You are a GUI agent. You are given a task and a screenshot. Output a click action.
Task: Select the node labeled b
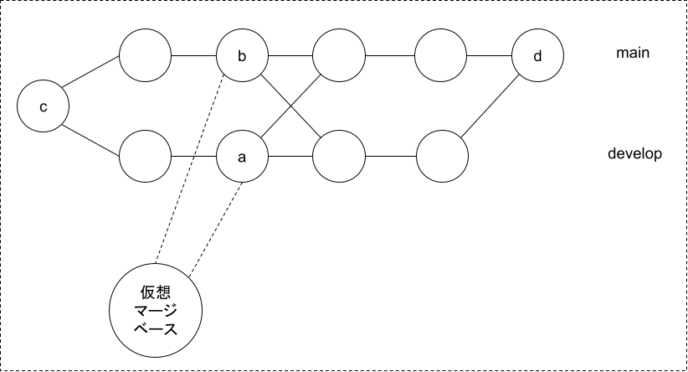(x=242, y=57)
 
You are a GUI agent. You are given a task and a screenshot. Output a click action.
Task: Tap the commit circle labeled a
(x=242, y=157)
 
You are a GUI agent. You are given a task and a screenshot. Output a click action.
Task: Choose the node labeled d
(x=537, y=57)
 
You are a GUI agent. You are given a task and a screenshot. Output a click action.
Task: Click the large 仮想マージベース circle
(x=158, y=309)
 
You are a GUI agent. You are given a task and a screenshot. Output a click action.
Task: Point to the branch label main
(x=633, y=54)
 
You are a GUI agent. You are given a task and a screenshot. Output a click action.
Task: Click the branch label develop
(x=635, y=153)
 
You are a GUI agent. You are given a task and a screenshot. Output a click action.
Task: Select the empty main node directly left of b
(x=146, y=57)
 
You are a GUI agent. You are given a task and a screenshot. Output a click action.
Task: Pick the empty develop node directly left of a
(x=146, y=157)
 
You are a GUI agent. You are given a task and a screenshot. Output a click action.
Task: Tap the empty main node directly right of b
(x=340, y=57)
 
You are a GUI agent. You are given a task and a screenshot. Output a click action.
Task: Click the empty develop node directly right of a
(x=340, y=157)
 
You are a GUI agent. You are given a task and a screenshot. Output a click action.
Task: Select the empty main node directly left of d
(x=440, y=57)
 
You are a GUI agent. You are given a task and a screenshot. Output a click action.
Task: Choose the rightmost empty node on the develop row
(x=440, y=157)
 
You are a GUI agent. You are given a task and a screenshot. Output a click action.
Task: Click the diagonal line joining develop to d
(x=489, y=107)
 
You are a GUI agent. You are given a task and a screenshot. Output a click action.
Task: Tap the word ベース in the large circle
(x=158, y=328)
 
